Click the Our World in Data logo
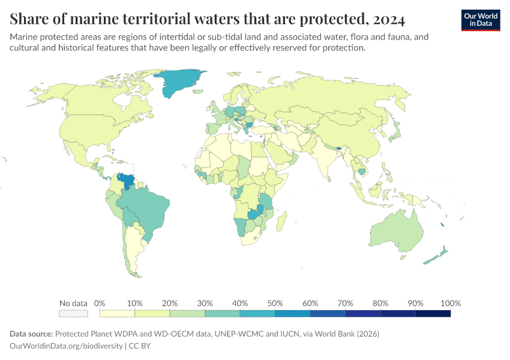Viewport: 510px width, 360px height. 480,20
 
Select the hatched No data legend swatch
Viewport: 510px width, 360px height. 73,313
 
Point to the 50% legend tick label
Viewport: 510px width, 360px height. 275,303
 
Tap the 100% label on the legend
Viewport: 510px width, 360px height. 450,303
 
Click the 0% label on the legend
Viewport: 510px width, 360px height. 100,303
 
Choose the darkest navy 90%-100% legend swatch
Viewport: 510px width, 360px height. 433,313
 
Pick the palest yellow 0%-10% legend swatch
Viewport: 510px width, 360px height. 117,313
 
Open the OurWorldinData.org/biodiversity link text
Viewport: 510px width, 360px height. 66,346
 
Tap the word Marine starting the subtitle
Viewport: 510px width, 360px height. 25,37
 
